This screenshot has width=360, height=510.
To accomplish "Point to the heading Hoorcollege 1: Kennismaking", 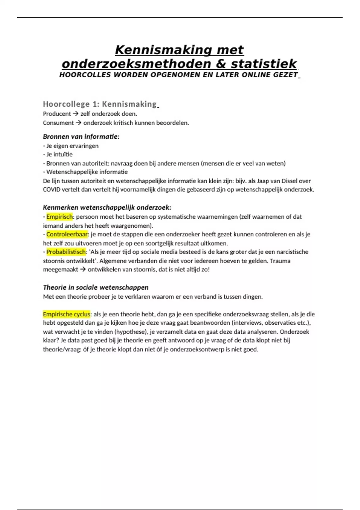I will (x=100, y=104).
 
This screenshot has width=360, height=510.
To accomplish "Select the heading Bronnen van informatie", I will (x=81, y=136).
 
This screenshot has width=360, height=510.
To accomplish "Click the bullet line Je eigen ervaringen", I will (x=72, y=146).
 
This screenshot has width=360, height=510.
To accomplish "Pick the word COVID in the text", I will (x=52, y=190).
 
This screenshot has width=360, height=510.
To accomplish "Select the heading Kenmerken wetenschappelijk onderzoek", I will (x=107, y=207).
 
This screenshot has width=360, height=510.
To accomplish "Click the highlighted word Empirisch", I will (x=59, y=217).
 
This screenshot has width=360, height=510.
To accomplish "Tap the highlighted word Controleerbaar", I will (x=67, y=234).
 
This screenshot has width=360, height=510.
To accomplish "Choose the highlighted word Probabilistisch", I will (x=66, y=252).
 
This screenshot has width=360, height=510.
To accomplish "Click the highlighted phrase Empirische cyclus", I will (x=66, y=314).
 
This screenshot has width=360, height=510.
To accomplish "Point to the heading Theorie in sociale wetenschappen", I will (x=96, y=287).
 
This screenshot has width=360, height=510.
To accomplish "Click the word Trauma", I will (x=280, y=261).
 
